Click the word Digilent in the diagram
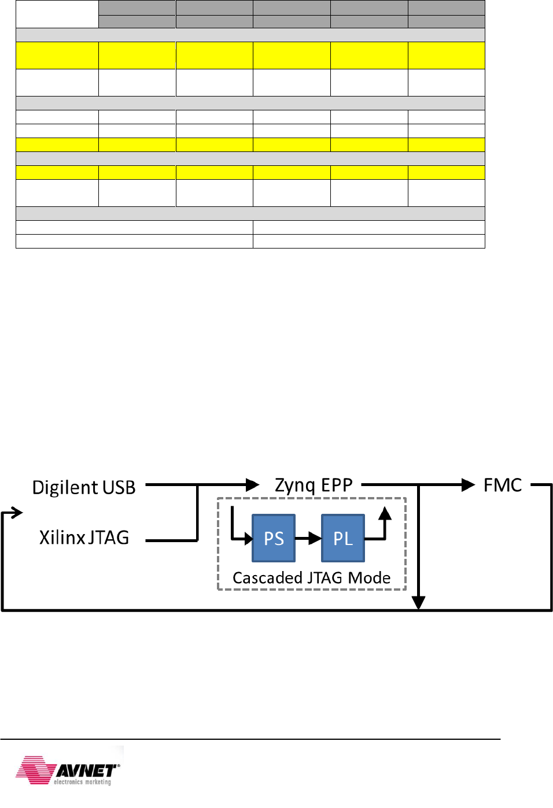click(x=65, y=487)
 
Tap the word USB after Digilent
click(x=119, y=487)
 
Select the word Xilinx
click(x=62, y=538)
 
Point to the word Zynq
click(x=295, y=485)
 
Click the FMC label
click(x=502, y=485)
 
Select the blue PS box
click(x=274, y=538)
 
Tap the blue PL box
click(x=343, y=538)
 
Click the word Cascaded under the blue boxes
click(x=267, y=578)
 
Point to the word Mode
click(x=369, y=578)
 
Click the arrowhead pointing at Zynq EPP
click(x=253, y=485)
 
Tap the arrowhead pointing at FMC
click(x=468, y=485)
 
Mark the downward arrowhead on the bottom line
click(x=418, y=603)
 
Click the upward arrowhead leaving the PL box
click(x=385, y=513)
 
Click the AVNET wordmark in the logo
click(x=87, y=770)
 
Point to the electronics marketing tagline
click(x=82, y=782)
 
